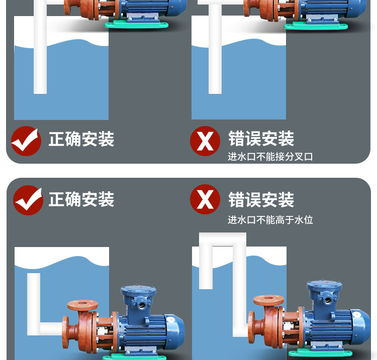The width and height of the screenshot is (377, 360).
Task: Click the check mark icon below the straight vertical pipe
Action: coord(26,141)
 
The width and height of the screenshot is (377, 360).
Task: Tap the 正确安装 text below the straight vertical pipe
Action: coord(81,139)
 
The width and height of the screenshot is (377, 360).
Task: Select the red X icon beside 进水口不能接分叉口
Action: coord(205,141)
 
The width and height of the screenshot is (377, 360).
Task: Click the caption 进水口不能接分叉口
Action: coord(270,157)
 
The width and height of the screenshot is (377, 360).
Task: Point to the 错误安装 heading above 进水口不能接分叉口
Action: coord(261,139)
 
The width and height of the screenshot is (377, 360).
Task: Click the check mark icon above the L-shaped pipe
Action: coord(28,200)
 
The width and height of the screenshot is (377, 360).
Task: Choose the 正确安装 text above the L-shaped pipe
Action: coord(81,199)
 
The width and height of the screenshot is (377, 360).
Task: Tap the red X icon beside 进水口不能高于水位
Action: coord(205,199)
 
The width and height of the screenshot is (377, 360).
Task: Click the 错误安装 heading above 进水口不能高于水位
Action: coord(261,199)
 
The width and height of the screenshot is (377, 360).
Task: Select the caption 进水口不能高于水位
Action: coord(270,220)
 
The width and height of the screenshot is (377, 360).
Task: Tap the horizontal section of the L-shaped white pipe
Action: coord(50,329)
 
